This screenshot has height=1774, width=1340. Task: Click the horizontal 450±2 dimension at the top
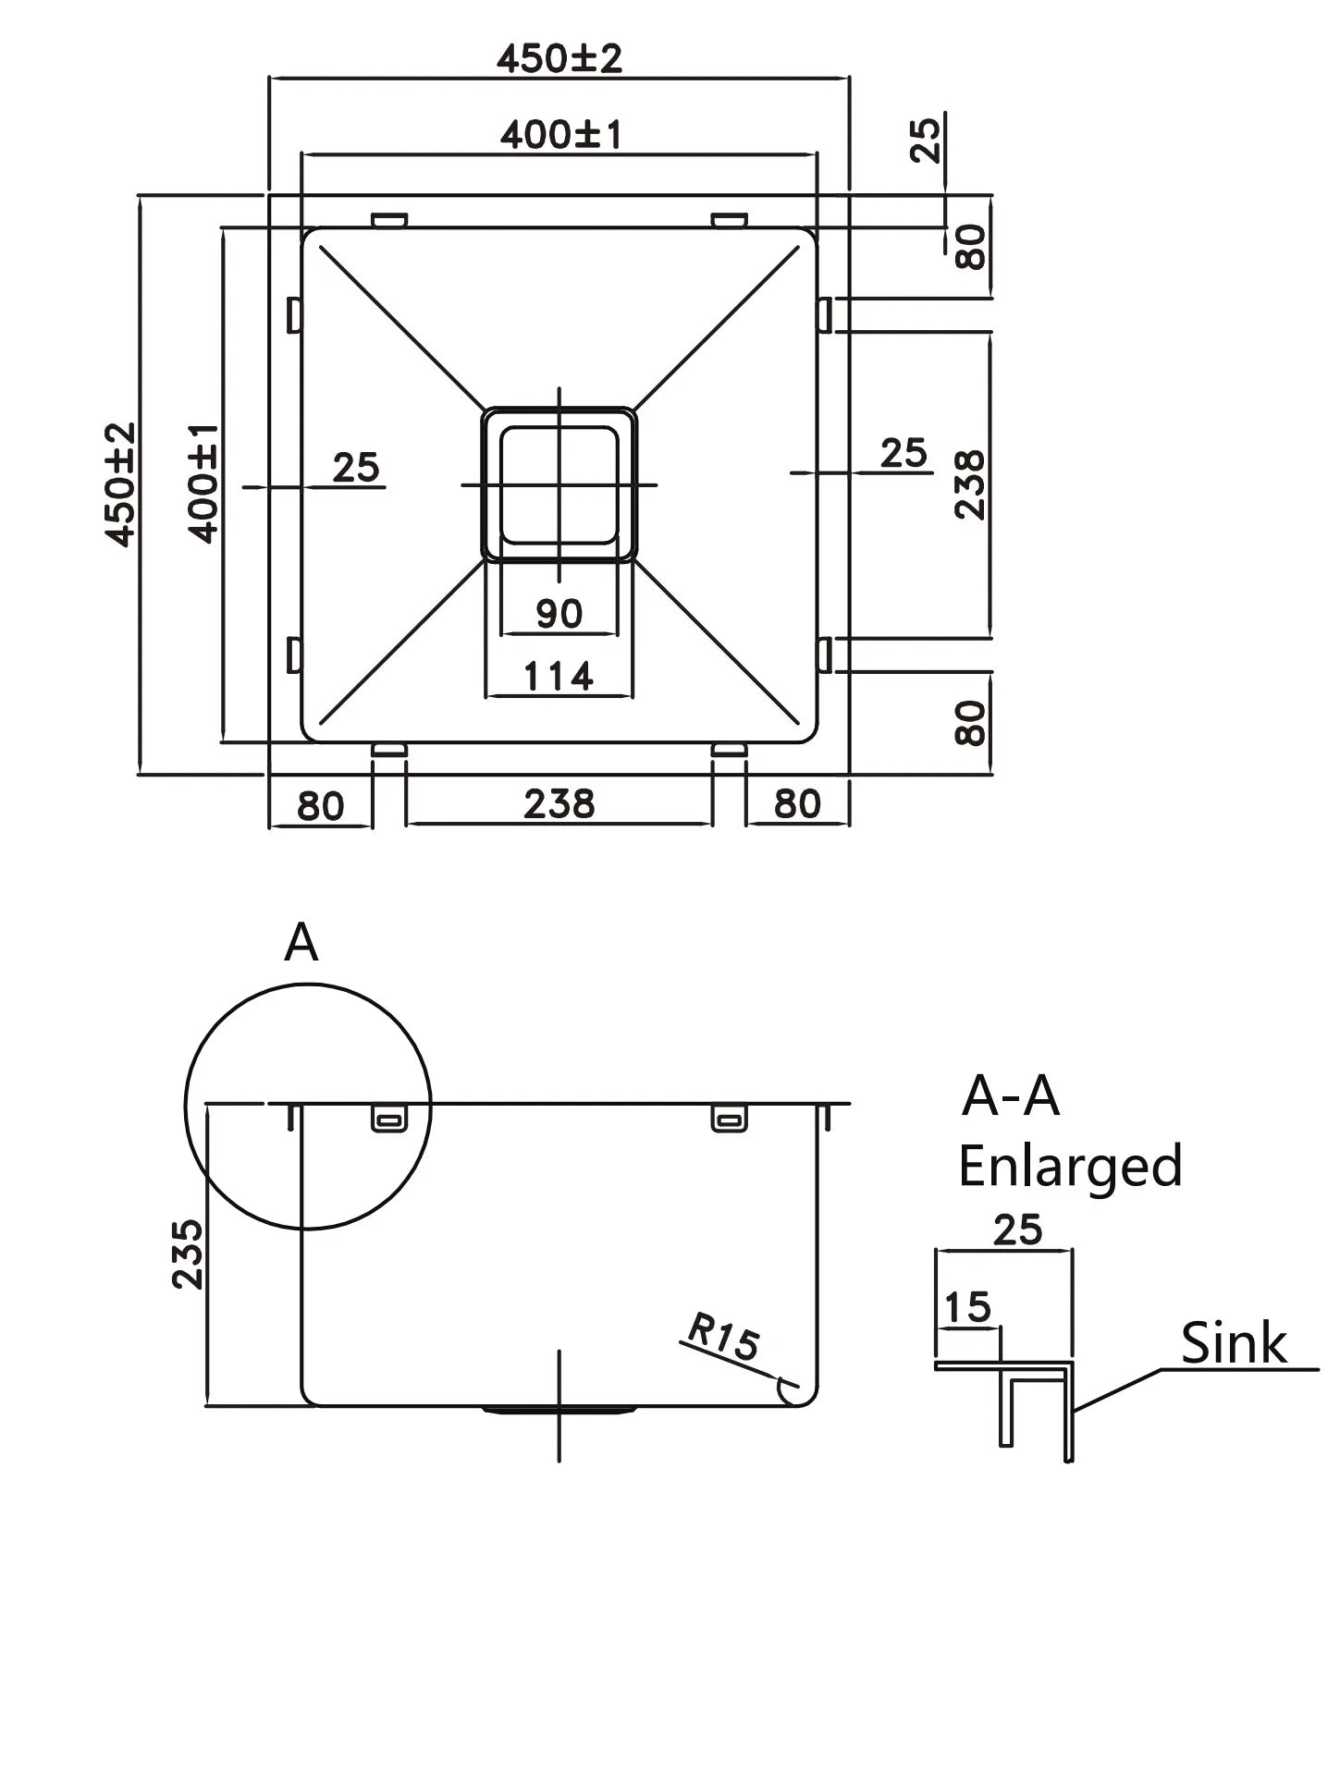pos(559,58)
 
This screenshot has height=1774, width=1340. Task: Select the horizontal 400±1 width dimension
pos(560,135)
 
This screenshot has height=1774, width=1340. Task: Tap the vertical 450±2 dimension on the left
pos(120,483)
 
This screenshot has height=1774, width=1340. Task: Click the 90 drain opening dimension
pos(559,613)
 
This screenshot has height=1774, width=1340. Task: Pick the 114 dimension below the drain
pos(559,677)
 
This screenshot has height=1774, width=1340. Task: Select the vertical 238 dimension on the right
pos(970,484)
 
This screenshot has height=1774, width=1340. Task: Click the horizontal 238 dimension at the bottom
pos(559,803)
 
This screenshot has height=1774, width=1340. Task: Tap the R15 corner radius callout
pos(722,1338)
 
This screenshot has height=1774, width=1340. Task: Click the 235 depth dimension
pos(188,1254)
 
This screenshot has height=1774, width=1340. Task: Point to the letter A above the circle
pos(301,944)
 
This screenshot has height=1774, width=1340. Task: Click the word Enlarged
pos(1070,1167)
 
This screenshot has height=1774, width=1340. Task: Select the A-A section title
pos(1010,1096)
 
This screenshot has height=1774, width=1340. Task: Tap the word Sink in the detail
pos(1234,1343)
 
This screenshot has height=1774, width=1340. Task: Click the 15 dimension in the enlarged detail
pos(967,1307)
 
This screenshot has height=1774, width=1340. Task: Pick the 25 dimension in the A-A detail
pos(1017,1230)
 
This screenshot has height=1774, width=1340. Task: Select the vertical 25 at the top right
pos(926,138)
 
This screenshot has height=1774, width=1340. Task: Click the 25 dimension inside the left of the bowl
pos(356,468)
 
